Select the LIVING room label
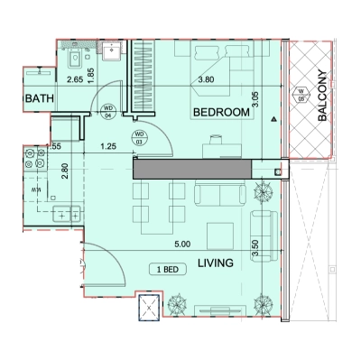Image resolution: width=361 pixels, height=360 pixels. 215,263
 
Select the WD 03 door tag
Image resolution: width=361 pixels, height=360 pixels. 140,138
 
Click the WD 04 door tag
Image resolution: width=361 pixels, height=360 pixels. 107,110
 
